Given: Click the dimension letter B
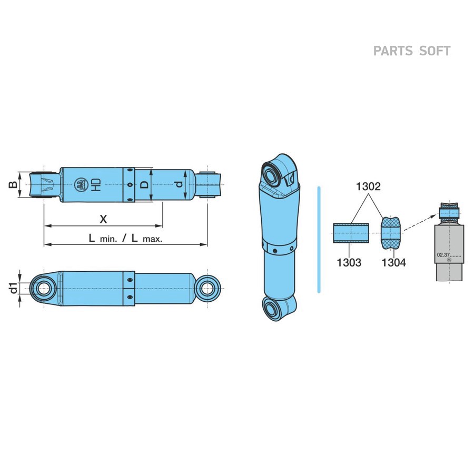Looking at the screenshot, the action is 13,185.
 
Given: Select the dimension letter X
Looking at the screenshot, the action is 103,219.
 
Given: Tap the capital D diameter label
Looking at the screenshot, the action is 145,185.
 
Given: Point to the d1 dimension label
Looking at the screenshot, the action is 13,288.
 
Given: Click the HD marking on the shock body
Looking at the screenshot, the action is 96,185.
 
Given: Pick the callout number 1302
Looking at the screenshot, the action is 368,186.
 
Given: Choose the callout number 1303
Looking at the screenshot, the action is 349,262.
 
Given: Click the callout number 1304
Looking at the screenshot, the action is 393,262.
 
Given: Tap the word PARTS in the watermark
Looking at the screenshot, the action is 393,51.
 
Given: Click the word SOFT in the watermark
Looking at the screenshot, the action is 435,51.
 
